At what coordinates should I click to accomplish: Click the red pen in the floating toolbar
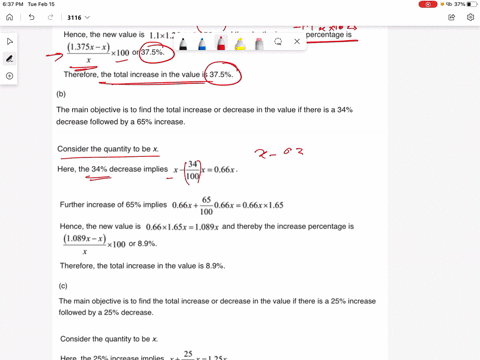tap(220, 44)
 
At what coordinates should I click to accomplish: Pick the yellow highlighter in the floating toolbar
tap(240, 44)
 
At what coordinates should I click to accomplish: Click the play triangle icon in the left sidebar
tap(10, 42)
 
